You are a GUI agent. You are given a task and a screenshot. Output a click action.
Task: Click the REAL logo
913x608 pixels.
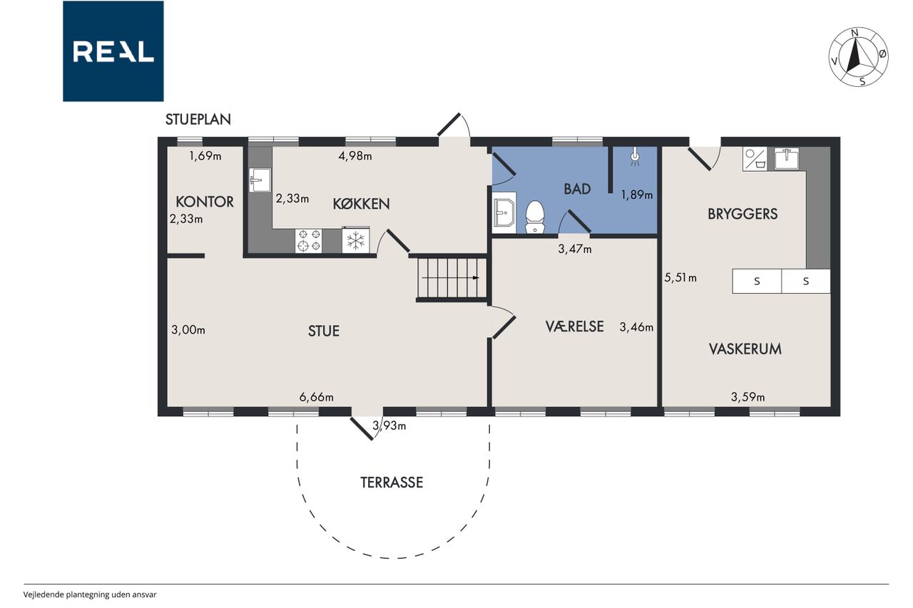(x=113, y=51)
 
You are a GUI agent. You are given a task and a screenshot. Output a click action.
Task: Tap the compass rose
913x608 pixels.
(x=858, y=58)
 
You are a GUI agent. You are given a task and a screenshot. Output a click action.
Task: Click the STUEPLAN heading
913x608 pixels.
(x=198, y=119)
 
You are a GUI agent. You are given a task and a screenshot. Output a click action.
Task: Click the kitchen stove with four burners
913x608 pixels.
(x=309, y=241)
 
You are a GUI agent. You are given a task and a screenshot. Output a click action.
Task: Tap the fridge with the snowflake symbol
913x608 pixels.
(x=355, y=240)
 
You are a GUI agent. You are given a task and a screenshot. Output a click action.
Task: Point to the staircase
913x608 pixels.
(x=452, y=278)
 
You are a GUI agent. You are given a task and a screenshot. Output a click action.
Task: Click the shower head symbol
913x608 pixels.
(x=635, y=157)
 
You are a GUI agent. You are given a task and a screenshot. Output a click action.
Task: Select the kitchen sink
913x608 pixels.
(x=260, y=180)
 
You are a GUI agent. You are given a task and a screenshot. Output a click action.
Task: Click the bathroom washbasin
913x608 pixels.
(x=504, y=212)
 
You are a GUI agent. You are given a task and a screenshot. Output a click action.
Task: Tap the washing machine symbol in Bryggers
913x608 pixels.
(x=755, y=159)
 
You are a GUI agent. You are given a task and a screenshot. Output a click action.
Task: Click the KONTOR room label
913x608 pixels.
(x=205, y=202)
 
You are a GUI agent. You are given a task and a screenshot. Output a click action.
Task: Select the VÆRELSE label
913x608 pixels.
(x=574, y=326)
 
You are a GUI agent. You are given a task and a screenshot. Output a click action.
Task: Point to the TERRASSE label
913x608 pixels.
(x=392, y=482)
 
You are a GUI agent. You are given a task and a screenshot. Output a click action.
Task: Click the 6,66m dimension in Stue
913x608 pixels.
(x=316, y=396)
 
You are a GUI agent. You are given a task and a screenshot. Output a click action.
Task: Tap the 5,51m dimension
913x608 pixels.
(x=680, y=278)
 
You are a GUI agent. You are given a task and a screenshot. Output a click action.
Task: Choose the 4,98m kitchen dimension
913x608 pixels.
(x=355, y=156)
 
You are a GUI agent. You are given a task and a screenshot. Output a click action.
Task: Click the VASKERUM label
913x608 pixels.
(x=745, y=349)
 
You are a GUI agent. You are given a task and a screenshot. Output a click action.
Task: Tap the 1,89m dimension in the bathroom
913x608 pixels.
(x=637, y=195)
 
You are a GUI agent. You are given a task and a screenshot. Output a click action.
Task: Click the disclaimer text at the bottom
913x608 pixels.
(x=90, y=594)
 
